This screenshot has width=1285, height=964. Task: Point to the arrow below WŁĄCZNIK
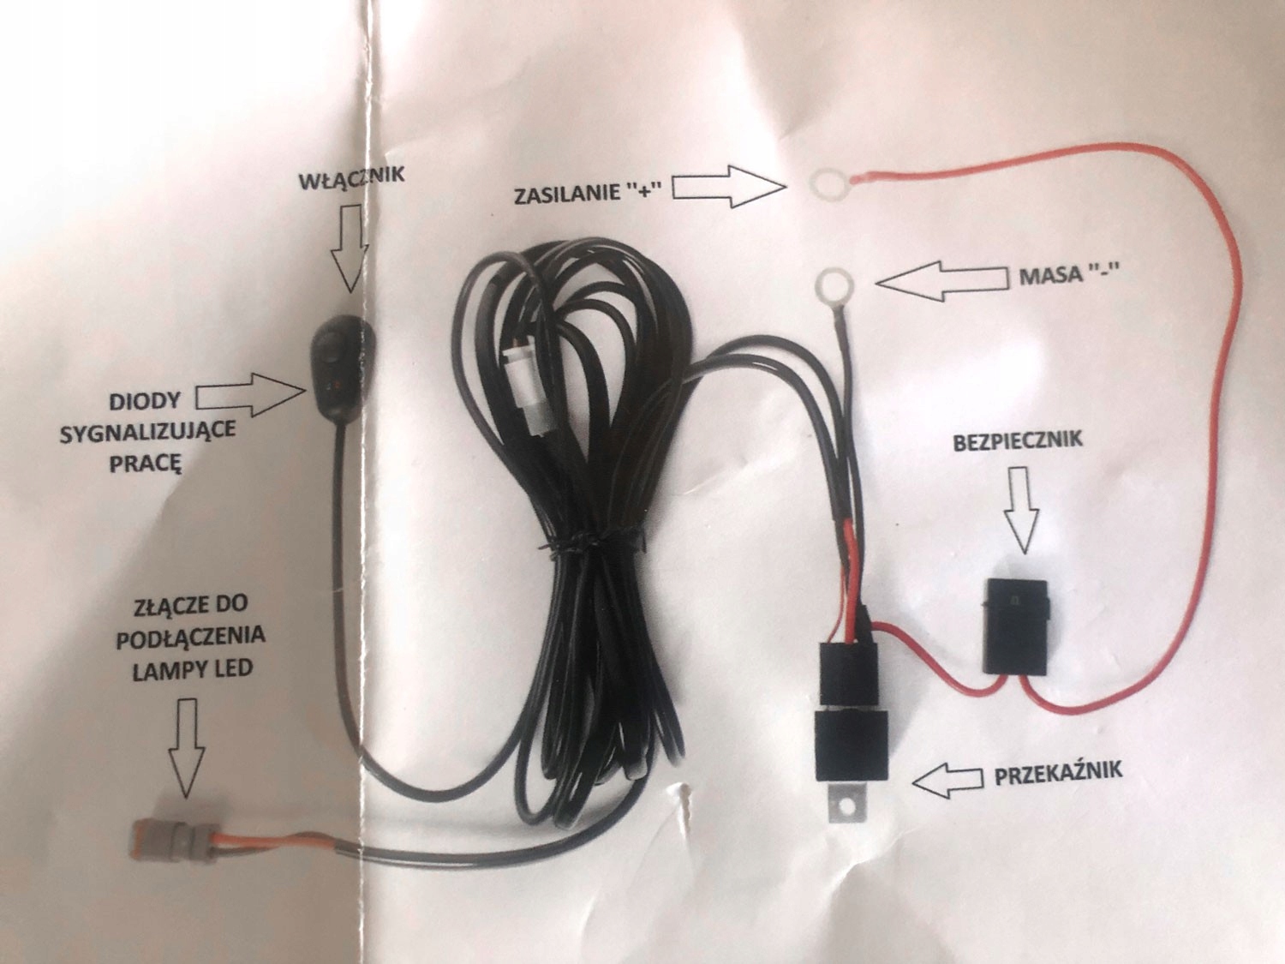[350, 253]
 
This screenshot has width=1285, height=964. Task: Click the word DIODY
[146, 401]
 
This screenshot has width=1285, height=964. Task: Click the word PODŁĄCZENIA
[190, 637]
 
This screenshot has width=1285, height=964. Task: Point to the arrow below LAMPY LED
[186, 745]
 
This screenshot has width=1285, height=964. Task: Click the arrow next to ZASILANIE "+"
[728, 186]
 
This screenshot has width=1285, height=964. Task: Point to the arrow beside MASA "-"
[942, 279]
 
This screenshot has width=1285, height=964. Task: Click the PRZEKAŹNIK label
[1058, 774]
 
